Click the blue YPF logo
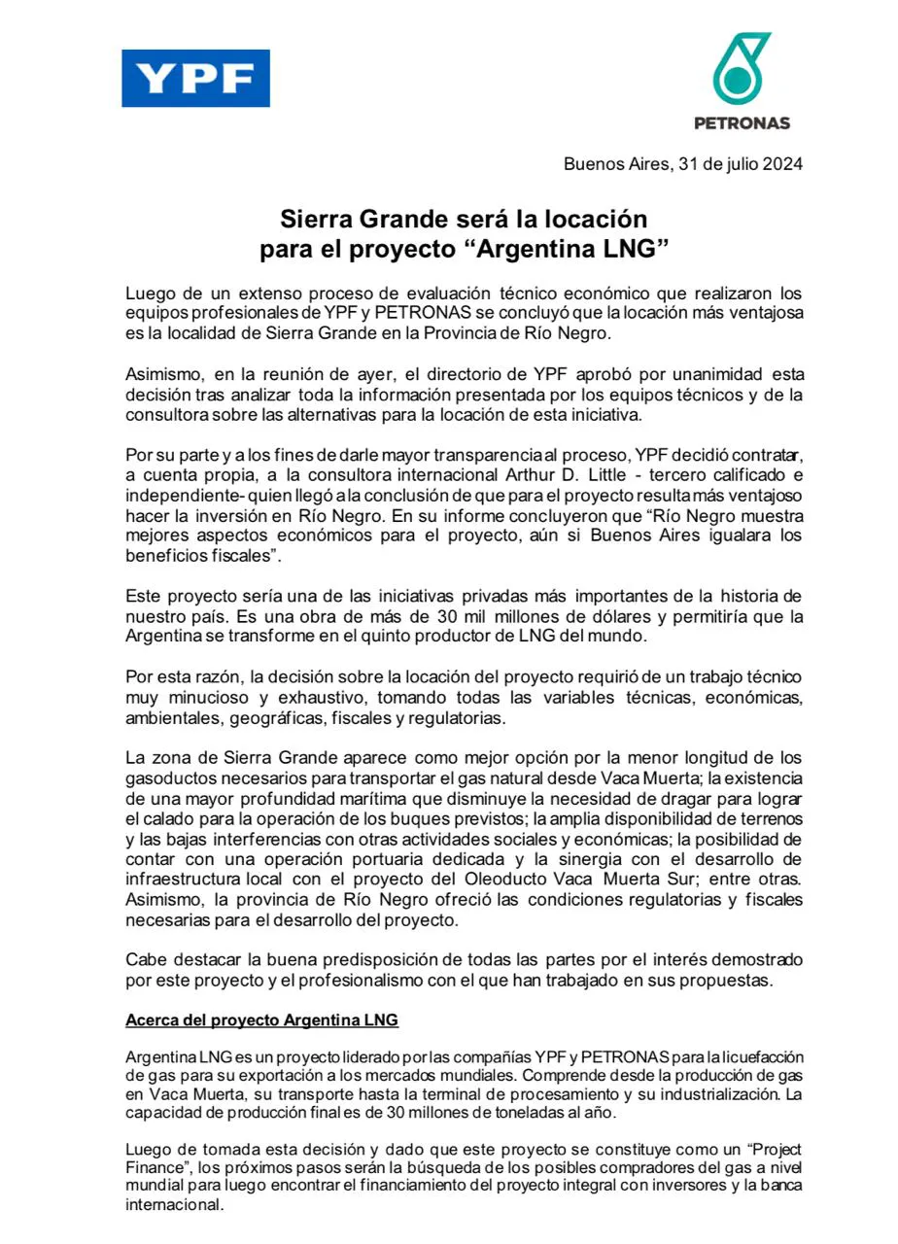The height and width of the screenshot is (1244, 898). (195, 79)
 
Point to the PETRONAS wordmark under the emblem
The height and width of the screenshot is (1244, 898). (742, 123)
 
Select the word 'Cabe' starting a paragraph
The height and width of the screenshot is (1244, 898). (145, 960)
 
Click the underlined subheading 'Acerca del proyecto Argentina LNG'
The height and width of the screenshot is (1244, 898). (261, 1020)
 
